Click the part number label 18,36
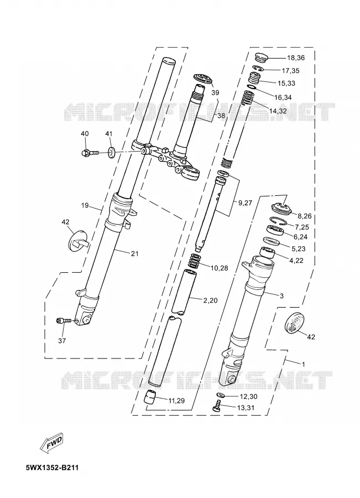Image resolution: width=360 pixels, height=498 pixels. pos(295,58)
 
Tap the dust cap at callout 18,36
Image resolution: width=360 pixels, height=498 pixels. pos(262,58)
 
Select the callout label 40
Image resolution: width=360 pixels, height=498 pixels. pos(85,134)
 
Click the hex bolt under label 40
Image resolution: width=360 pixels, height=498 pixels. pos(90,153)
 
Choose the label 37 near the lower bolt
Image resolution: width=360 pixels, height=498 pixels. pos(62,340)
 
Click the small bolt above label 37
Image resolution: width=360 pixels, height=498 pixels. pos(64,321)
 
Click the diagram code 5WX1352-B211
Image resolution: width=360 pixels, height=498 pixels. pos(52,468)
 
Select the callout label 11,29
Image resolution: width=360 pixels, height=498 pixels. pos(176,401)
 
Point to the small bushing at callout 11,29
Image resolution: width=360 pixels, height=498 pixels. pos(150,398)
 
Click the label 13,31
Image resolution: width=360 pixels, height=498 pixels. pos(246,408)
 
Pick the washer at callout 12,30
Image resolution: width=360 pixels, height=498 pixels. pos(220,395)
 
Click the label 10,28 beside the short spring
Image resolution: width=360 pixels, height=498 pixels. pos(219,268)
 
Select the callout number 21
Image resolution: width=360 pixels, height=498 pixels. pos(134,253)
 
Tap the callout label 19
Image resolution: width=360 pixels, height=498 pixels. pos(85,205)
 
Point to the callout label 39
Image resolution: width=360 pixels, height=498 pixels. pos(215,93)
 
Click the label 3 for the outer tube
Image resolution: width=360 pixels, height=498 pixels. pos(281,296)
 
